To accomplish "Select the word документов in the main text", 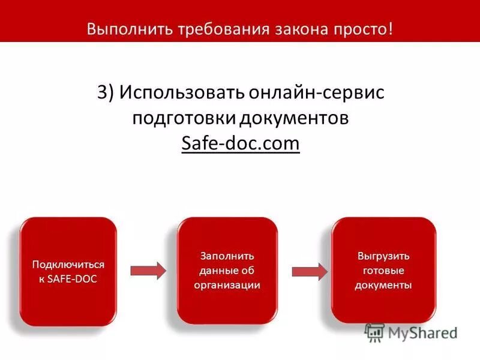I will coord(294,118).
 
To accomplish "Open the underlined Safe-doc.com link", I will coord(240,144).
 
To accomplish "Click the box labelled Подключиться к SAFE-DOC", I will coord(68,271).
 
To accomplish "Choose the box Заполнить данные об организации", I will coord(227,271).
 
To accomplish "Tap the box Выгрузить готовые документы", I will coord(383,271).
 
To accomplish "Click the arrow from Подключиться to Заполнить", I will coord(148,271).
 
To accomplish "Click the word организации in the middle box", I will coord(227,285).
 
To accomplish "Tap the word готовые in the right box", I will coord(383,271).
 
